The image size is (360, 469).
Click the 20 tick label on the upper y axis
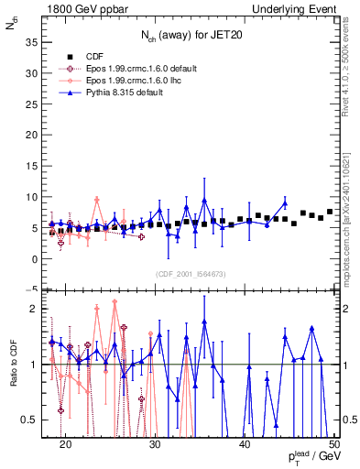34,135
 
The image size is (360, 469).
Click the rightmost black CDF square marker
330,213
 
